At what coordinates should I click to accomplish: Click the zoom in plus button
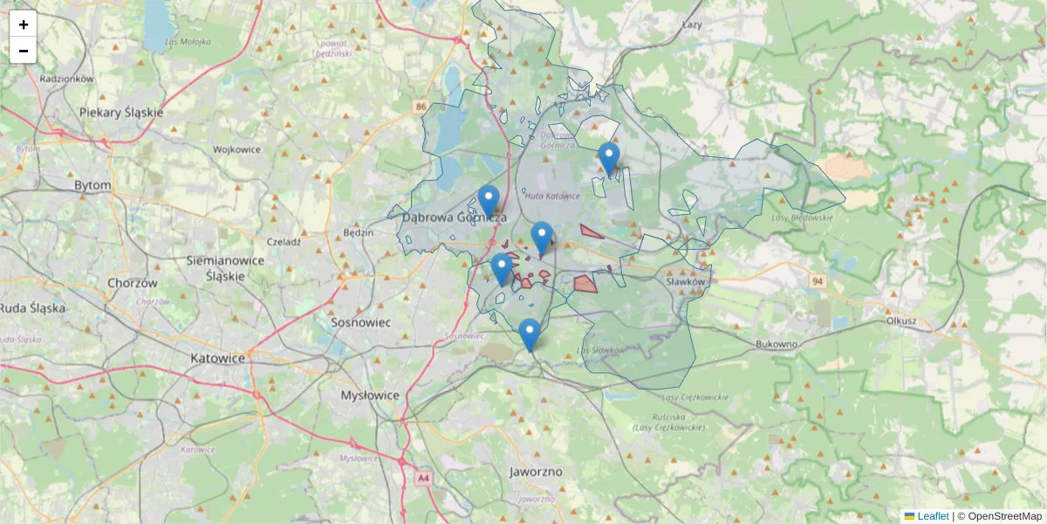pos(24,24)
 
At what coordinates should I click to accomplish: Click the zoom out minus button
pos(24,51)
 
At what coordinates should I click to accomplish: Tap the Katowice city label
pos(217,358)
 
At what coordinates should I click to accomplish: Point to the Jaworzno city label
pos(536,472)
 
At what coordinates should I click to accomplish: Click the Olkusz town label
pos(900,321)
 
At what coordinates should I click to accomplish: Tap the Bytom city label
pos(92,185)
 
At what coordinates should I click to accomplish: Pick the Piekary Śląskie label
pos(120,113)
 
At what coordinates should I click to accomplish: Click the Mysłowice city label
pos(369,395)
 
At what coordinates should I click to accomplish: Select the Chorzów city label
pos(132,283)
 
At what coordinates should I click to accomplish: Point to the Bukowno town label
pos(777,344)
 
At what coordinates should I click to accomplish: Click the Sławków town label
pos(685,282)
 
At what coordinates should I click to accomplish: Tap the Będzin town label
pos(359,232)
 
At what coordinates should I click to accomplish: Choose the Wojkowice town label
pos(237,149)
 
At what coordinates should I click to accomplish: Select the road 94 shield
pos(817,281)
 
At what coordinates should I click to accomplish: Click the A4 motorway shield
pos(423,479)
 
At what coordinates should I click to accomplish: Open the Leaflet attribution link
pos(932,516)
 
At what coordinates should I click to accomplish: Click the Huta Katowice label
pos(551,196)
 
